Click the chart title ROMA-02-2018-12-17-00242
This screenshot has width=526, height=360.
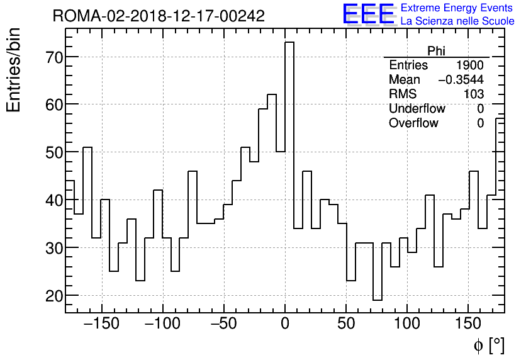(159, 16)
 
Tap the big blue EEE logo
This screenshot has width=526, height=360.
(368, 14)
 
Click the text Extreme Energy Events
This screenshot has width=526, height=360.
(457, 8)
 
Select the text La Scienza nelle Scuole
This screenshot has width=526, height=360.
(457, 21)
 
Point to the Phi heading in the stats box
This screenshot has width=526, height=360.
(436, 51)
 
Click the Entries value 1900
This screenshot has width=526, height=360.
(470, 65)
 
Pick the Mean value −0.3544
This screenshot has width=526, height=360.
(461, 80)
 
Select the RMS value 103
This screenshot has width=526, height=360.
(474, 94)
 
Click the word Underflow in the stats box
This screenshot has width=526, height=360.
(417, 109)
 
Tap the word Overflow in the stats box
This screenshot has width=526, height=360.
(413, 123)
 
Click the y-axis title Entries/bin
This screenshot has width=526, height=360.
(14, 70)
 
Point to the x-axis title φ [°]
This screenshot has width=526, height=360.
(489, 345)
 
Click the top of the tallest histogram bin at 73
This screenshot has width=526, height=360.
(289, 43)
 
